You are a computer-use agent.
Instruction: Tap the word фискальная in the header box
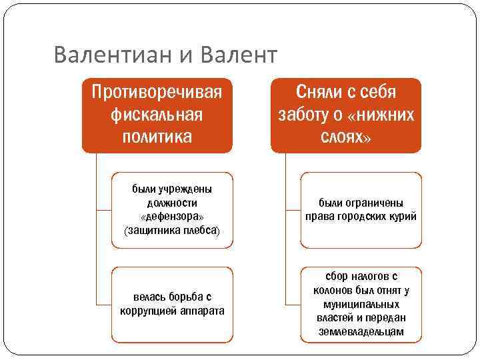(x=157, y=114)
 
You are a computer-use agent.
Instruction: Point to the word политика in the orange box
(x=157, y=137)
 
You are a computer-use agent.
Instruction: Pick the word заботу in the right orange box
(x=306, y=114)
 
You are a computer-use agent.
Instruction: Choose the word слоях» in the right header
(x=346, y=137)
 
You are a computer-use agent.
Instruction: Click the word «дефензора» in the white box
(x=173, y=217)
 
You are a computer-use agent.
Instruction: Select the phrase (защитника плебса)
(x=173, y=231)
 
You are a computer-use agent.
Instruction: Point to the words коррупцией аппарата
(x=173, y=311)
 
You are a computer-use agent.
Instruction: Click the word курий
(x=403, y=217)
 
